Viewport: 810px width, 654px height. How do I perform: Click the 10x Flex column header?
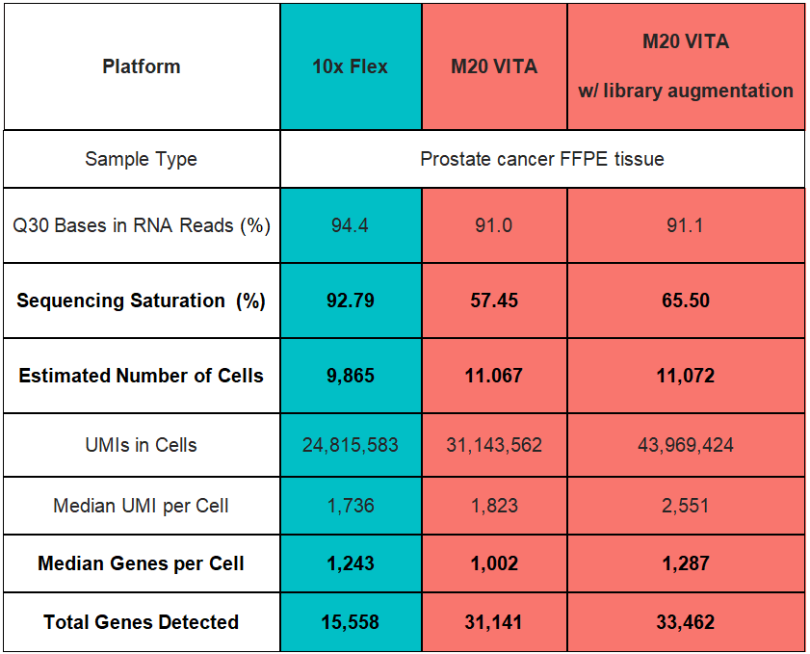[350, 66]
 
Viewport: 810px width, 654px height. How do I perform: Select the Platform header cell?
[141, 66]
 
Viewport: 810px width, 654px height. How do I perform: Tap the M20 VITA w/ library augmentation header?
[685, 66]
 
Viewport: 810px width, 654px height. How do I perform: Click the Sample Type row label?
[141, 159]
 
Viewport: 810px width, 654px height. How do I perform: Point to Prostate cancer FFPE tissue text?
[541, 159]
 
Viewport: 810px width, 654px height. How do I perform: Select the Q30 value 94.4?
[350, 225]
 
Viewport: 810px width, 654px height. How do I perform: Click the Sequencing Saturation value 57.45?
[493, 301]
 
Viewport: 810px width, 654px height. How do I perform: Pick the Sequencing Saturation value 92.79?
[350, 301]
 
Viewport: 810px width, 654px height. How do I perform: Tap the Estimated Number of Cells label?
[141, 376]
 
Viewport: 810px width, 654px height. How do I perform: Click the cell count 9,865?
[350, 376]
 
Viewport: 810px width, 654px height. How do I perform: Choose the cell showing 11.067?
[493, 376]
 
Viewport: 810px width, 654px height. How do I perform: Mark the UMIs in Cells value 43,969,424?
[685, 445]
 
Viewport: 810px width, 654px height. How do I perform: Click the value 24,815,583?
[350, 445]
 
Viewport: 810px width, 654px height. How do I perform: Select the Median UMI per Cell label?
[141, 505]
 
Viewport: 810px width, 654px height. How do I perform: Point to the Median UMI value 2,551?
[685, 505]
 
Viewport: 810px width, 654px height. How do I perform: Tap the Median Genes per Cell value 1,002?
[493, 563]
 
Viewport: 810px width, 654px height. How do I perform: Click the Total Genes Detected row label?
[141, 622]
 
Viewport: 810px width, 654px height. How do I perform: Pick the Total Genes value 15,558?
[350, 622]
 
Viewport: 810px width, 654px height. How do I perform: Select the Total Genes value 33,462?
[685, 622]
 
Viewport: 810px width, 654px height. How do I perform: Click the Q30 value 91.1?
[685, 225]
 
